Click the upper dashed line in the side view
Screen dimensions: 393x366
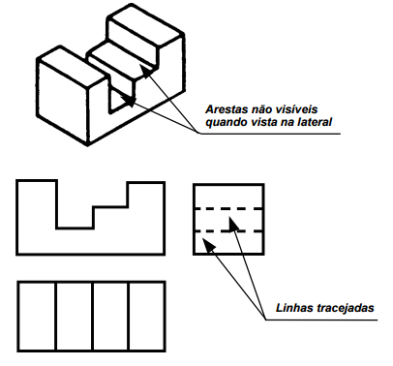click(228, 209)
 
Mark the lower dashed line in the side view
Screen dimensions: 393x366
click(228, 231)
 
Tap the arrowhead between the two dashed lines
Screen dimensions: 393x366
click(233, 224)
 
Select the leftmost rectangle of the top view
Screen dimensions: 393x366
click(37, 316)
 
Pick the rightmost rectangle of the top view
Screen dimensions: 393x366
click(147, 316)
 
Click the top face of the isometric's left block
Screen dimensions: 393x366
click(72, 67)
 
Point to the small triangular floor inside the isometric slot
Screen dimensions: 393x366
click(119, 102)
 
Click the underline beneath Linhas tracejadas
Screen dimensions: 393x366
click(321, 320)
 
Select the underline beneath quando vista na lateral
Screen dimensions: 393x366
click(270, 134)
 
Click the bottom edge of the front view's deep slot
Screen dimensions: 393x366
click(75, 229)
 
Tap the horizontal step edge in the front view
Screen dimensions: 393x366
click(110, 206)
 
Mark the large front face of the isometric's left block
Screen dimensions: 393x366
click(63, 102)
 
